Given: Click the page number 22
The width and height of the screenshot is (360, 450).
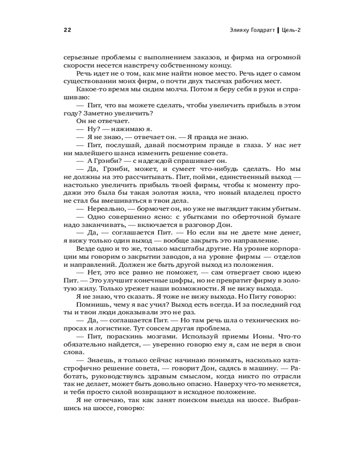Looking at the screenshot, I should pyautogui.click(x=67, y=30).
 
